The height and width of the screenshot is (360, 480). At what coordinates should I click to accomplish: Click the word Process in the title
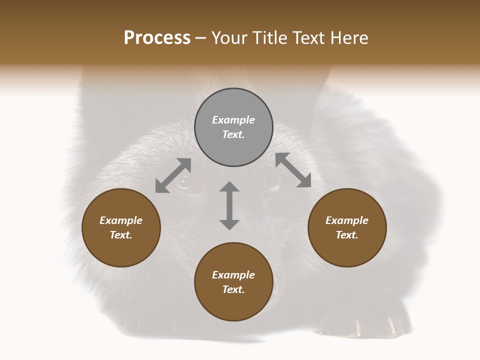coord(157,38)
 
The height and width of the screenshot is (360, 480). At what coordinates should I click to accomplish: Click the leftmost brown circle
coord(121,227)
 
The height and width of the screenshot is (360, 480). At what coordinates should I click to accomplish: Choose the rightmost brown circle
coord(347,227)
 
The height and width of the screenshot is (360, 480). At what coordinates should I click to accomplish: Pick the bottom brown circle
coord(233,282)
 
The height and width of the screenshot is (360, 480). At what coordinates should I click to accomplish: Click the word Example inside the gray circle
coord(233,120)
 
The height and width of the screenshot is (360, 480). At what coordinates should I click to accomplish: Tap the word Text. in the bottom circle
coord(233,289)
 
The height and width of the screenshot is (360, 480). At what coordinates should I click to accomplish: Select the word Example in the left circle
coord(121,220)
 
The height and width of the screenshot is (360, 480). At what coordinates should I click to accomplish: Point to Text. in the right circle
coord(347,235)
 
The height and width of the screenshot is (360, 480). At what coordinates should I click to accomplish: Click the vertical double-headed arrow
coord(229,205)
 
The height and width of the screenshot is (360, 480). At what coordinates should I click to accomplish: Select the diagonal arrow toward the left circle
coord(173,175)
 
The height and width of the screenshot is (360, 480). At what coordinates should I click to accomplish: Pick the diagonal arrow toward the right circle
coord(293,170)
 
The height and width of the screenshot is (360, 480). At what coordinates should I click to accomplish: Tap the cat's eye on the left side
coord(184,183)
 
